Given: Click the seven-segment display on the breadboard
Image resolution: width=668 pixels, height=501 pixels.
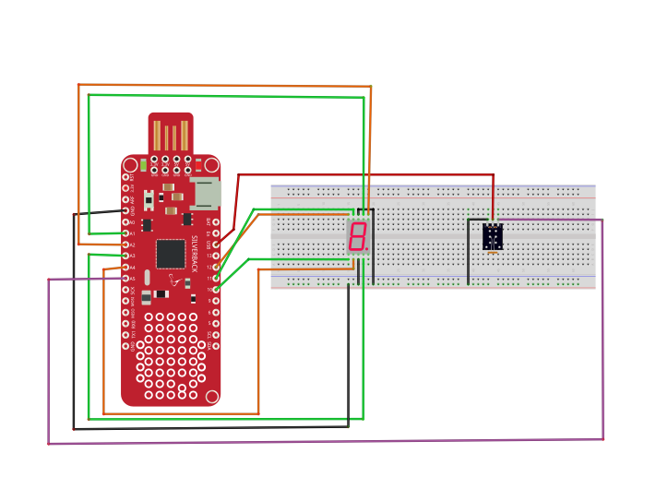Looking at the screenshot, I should pos(358,237).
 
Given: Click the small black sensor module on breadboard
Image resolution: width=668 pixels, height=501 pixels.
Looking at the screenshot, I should pos(493,237).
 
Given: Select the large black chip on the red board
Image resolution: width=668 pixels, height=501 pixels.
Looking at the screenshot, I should pos(171,253).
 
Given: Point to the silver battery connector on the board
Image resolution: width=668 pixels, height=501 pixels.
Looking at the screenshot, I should pos(206,193).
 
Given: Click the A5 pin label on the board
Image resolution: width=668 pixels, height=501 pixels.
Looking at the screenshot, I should pos(132,279).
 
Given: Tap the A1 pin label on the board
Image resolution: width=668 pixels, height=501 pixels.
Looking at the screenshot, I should pos(132,234).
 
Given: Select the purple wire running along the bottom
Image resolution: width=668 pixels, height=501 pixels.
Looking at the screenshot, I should pos(323,441).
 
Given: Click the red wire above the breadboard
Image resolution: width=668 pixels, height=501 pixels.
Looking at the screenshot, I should pos(369,174).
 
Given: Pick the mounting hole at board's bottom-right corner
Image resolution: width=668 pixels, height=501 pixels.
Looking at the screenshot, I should pos(212,397).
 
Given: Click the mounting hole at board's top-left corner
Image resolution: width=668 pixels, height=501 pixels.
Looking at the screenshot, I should pos(129,165).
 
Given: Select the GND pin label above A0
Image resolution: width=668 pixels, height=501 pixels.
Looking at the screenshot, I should pos(132,211).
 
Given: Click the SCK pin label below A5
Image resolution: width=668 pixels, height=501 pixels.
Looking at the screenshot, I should pos(132,290).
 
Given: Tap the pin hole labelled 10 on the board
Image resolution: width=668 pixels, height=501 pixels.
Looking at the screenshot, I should pos(216,290).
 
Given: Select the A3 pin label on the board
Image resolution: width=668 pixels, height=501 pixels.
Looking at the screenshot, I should pos(132,256).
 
